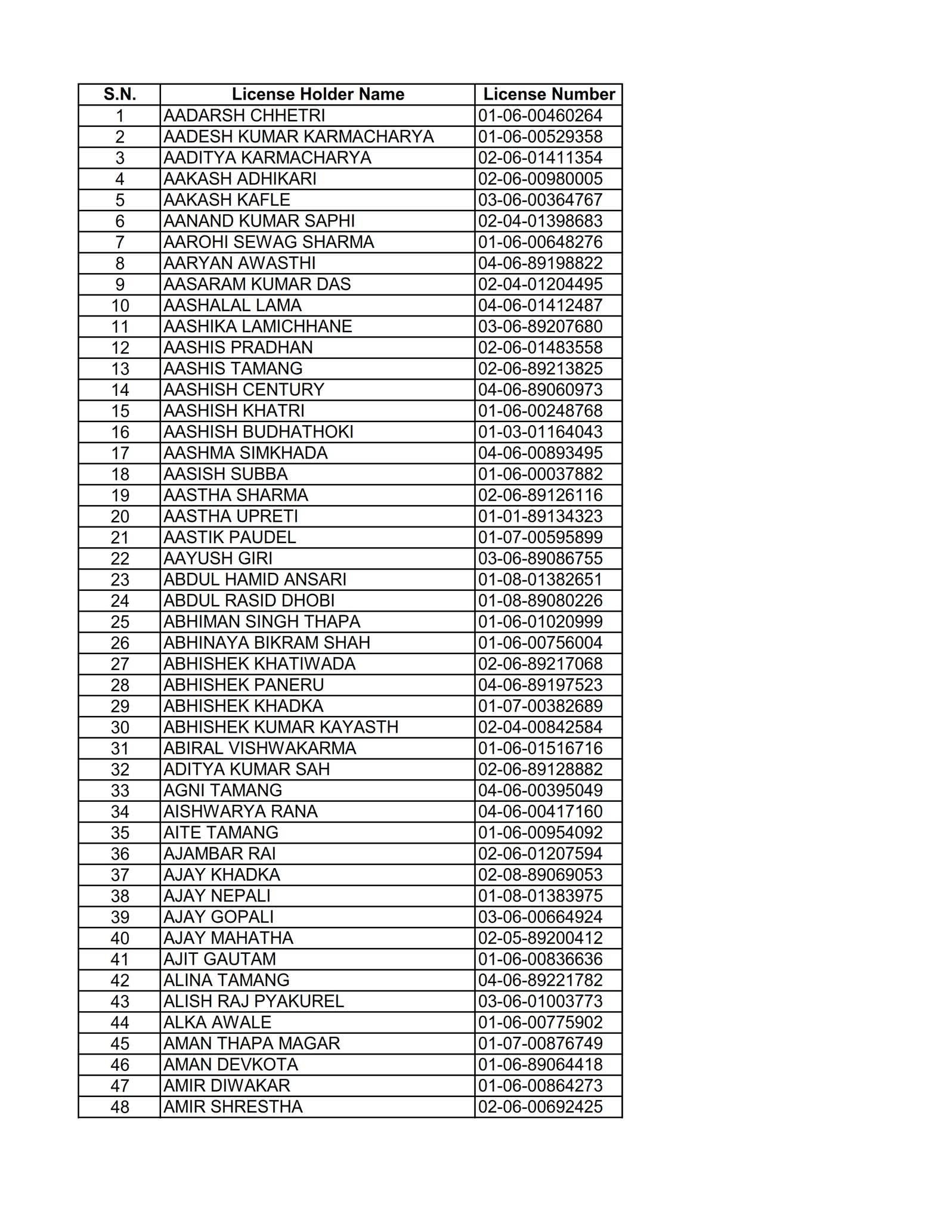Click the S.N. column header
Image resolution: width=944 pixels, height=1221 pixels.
pos(119,94)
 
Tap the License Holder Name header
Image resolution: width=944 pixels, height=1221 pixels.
pos(317,94)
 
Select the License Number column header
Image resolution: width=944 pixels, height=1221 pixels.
pos(548,94)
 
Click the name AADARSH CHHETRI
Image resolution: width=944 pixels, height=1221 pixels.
pos(244,115)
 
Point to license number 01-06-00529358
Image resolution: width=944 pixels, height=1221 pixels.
pos(540,137)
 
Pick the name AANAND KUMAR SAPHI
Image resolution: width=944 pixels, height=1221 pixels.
pos(259,221)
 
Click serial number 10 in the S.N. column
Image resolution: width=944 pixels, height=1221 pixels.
pos(120,305)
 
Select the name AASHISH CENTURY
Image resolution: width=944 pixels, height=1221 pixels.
pos(243,389)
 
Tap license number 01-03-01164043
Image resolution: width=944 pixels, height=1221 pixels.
pos(540,432)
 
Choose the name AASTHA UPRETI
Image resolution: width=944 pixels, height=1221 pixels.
pos(230,516)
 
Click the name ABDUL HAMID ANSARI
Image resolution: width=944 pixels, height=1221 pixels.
pos(255,579)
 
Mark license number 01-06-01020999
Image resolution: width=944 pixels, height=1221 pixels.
pos(540,622)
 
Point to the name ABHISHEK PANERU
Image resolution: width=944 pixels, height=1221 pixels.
pos(243,685)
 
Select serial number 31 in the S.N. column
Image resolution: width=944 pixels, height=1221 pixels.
pos(120,748)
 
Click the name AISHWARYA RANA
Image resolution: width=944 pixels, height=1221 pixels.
pos(240,811)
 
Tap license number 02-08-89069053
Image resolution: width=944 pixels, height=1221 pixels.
pos(540,875)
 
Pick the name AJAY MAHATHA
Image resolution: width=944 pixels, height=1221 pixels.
pos(228,938)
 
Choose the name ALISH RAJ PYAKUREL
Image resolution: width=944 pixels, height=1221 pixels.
pos(253,1001)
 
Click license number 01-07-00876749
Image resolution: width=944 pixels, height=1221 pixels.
pos(540,1043)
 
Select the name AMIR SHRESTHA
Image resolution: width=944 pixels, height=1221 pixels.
pos(233,1107)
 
